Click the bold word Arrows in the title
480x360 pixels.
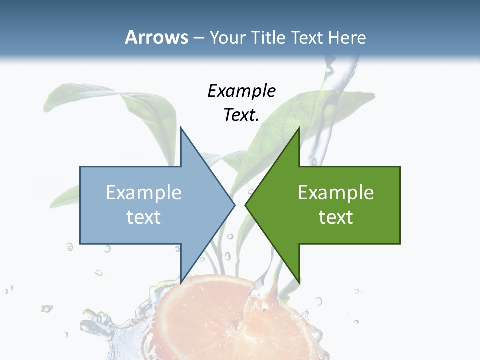click(157, 38)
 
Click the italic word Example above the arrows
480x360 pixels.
click(241, 91)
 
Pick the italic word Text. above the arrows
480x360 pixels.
click(241, 115)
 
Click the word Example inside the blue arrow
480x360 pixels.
click(143, 193)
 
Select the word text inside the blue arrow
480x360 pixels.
click(143, 217)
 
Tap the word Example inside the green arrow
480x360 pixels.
click(336, 193)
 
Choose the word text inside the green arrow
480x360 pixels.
click(336, 217)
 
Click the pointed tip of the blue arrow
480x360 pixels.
click(235, 205)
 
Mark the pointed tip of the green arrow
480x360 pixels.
click(245, 205)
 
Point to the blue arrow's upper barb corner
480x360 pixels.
click(181, 128)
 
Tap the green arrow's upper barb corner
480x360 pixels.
click(299, 128)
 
